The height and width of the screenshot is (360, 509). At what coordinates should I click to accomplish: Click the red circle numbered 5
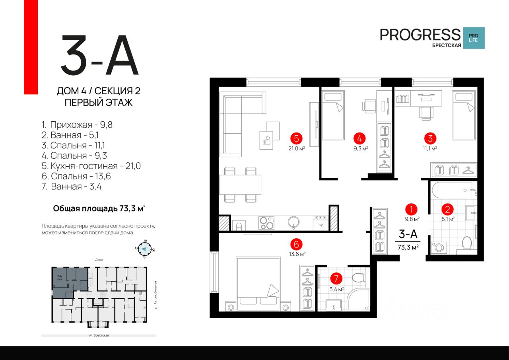(x=296, y=138)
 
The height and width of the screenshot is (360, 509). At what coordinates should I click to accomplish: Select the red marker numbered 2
(x=447, y=209)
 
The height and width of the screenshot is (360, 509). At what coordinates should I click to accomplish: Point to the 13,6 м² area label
(x=297, y=253)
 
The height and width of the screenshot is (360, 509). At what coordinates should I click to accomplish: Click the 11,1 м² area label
(x=430, y=148)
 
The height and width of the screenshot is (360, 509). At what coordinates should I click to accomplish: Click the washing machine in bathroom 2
(x=438, y=247)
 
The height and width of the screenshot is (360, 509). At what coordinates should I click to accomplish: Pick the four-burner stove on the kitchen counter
(x=266, y=223)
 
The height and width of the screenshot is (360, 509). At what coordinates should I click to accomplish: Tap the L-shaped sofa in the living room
(x=239, y=119)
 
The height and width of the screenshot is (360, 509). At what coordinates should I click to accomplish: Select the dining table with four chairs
(x=240, y=185)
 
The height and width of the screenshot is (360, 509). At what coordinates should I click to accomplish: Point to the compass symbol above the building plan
(x=145, y=249)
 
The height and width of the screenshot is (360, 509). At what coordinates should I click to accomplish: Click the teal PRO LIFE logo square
(x=474, y=38)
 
